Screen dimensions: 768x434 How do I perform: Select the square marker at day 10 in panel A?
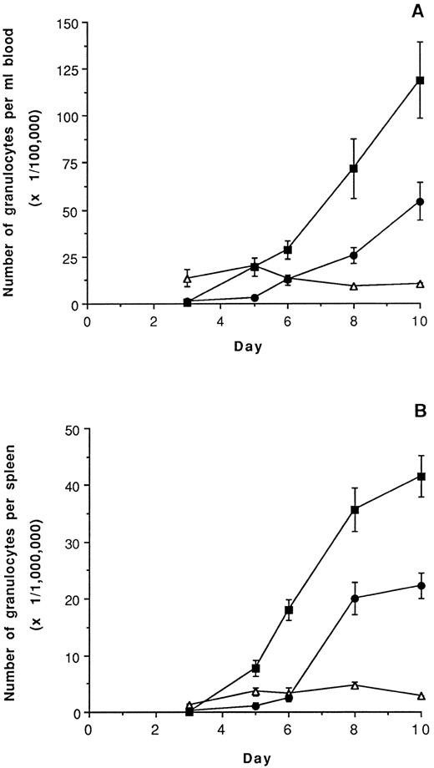coord(420,80)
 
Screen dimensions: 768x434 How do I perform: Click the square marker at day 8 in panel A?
coord(354,169)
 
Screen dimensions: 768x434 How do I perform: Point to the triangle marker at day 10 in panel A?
coord(420,284)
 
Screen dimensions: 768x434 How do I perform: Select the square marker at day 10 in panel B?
coord(421,476)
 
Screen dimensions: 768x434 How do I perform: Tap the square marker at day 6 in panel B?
coord(288,610)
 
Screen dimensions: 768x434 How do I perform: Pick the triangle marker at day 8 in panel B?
coord(354,685)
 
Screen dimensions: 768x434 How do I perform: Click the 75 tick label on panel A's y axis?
coord(71,164)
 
